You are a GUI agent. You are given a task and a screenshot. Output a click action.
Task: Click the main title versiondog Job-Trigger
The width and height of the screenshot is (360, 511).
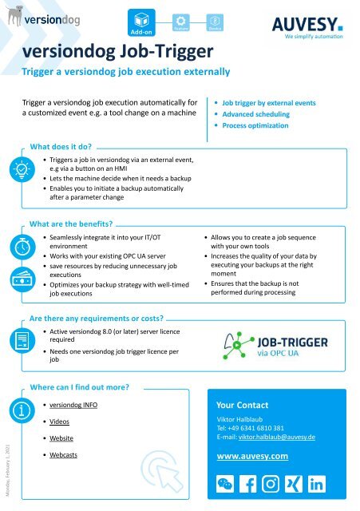point(117,53)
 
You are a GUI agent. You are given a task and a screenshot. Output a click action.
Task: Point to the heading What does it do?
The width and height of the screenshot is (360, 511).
point(61,148)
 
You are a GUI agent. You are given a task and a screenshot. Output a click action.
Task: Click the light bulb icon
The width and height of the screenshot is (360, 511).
point(18,172)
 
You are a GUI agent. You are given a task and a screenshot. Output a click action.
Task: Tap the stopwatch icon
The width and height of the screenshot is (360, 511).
point(18,248)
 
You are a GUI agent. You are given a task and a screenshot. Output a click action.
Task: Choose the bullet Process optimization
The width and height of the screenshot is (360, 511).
point(256,126)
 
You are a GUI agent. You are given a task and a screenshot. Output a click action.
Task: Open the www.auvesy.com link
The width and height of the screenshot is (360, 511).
point(251,457)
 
